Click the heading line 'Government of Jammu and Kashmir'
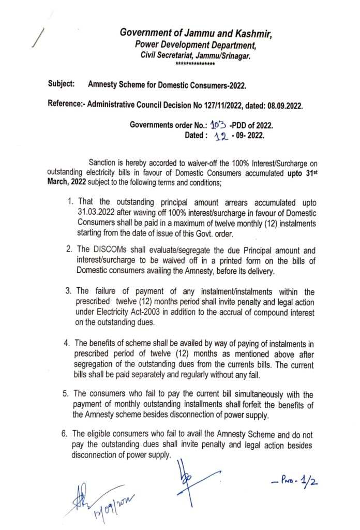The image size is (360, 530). point(196,34)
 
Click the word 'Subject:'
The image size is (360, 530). point(62,83)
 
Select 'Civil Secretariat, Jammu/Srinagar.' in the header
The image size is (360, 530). point(196,55)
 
